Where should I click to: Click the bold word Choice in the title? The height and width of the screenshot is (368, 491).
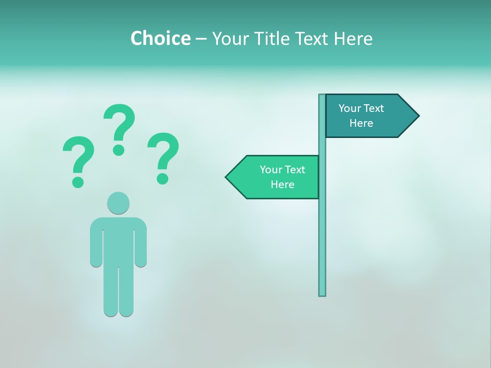point(160,38)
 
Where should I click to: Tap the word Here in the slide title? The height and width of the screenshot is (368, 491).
point(353,38)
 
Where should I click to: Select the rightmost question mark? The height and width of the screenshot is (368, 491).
point(163,156)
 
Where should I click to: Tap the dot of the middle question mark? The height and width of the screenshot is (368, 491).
point(119,150)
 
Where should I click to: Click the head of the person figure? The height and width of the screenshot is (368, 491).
point(118,203)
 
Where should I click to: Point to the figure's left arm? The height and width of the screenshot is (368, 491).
point(96,243)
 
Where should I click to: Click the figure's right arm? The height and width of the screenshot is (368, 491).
point(141,243)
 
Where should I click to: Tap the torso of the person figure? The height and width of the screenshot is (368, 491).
point(118,240)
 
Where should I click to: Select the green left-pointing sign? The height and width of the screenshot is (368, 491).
point(276,177)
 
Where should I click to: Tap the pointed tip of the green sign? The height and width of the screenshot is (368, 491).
point(228,177)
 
